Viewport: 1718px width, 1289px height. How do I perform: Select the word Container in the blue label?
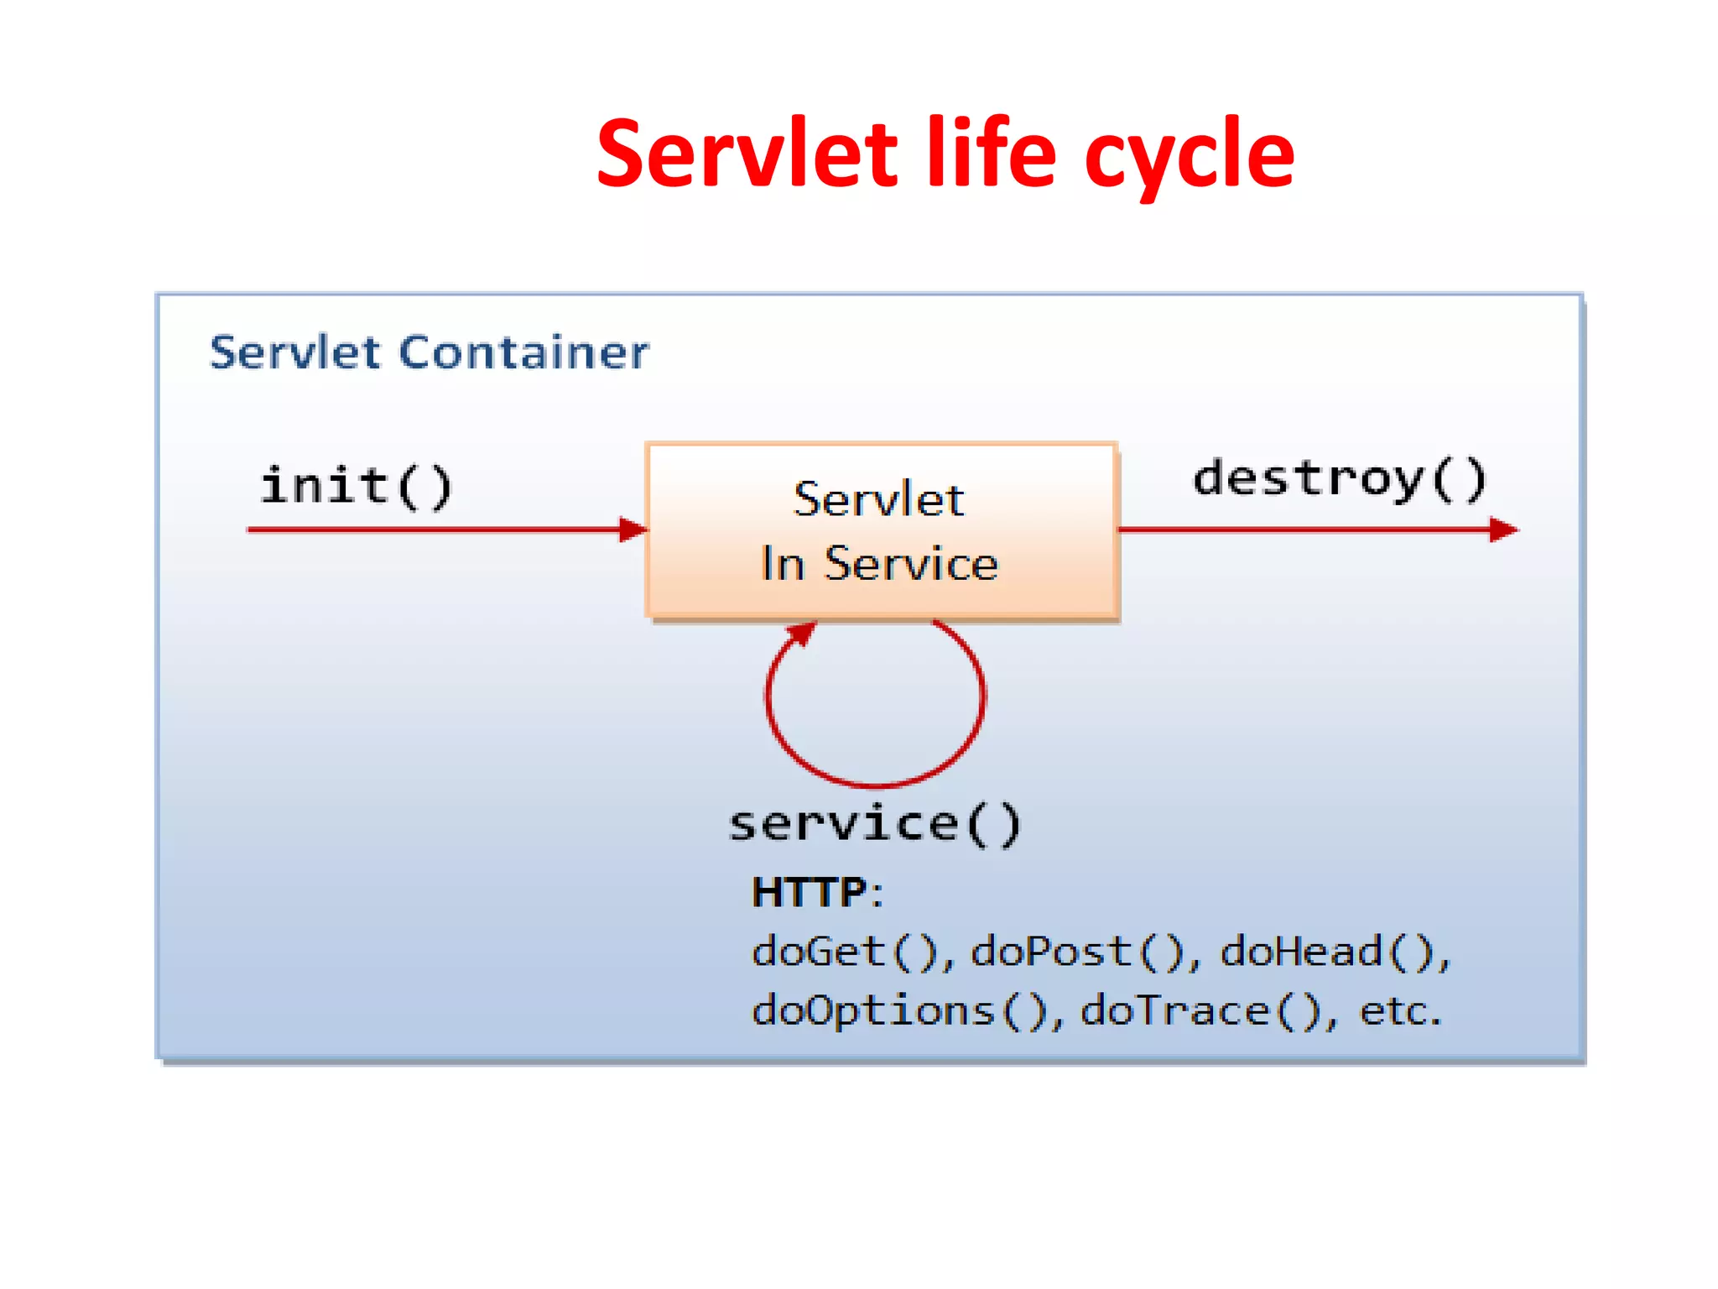[x=523, y=352]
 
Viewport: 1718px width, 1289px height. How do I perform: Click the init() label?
[x=357, y=487]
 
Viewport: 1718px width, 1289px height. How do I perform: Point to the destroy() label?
[x=1340, y=479]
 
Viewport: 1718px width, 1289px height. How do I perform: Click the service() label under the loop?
[x=875, y=824]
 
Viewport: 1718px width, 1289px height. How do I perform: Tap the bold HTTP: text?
[x=816, y=892]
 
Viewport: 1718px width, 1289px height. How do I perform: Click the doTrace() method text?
[x=1200, y=1010]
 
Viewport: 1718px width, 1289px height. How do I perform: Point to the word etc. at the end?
[x=1399, y=1010]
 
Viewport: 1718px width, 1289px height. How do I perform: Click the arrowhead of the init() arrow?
[x=633, y=530]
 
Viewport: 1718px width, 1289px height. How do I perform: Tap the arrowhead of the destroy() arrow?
[x=1503, y=530]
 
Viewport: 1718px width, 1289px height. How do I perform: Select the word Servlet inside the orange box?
[x=879, y=500]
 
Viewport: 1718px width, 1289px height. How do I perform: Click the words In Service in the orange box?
[x=879, y=563]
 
